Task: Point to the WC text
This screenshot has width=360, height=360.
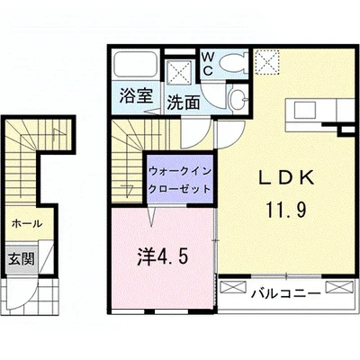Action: pos(206,63)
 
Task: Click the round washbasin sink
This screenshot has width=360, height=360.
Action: pos(237,99)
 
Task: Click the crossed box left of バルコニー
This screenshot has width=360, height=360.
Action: pos(232,288)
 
